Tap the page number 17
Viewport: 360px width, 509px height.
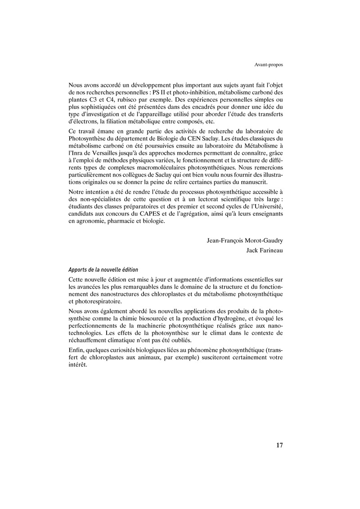tap(279, 446)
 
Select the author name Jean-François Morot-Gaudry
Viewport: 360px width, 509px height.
tap(245, 241)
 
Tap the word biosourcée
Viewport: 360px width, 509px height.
tap(152, 318)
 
